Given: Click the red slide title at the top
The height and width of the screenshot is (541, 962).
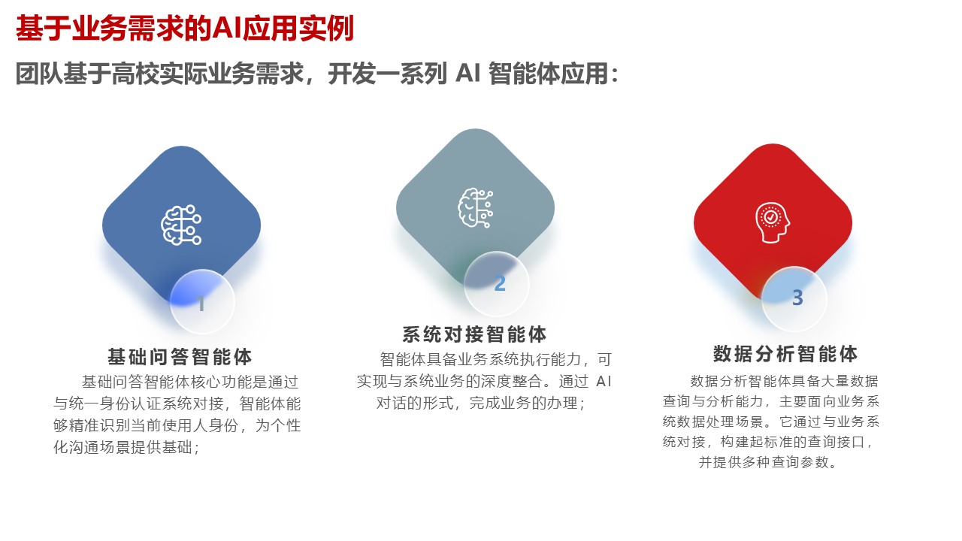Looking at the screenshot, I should point(184,29).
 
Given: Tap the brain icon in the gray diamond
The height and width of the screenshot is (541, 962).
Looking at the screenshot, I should point(476,208).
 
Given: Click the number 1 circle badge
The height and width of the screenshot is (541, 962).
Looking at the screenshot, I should point(202,302).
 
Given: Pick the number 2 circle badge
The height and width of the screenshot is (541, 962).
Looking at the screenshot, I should point(497,284).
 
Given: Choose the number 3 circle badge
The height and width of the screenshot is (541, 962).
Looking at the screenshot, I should point(794,298).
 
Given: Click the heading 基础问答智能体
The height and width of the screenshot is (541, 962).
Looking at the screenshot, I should point(180,356).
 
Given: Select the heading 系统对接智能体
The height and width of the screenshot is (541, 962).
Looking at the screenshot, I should point(474,334).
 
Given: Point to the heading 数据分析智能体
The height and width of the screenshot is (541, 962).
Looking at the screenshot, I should point(785,353).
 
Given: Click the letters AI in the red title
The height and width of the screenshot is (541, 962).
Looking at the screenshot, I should point(226,29).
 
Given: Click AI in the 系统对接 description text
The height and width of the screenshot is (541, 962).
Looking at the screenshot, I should point(604,381).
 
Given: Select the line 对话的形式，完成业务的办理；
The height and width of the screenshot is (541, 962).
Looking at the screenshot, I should point(481,403).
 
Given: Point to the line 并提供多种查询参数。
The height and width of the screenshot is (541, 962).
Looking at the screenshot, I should point(768,462).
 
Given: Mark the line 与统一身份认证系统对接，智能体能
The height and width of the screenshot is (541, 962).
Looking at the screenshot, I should point(177,403).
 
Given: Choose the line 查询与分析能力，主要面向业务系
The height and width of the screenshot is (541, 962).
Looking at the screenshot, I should point(771,400).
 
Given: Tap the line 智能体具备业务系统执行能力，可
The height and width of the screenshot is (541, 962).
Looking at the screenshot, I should point(496,359).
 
